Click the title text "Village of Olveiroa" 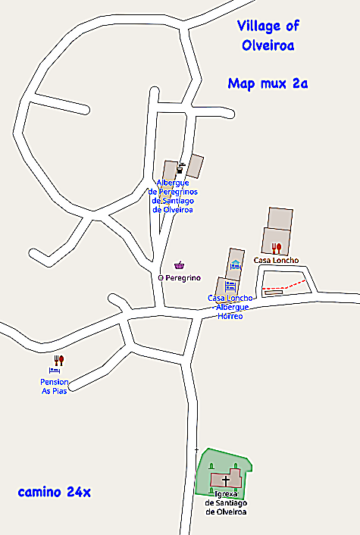[x=268, y=36]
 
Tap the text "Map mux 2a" [x=268, y=83]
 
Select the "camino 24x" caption [x=54, y=493]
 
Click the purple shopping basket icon [x=180, y=265]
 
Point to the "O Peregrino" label [x=179, y=278]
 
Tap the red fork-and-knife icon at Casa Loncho [x=277, y=247]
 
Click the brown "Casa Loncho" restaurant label [x=276, y=261]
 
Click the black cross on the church [x=225, y=480]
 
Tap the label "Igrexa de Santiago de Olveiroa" [x=226, y=502]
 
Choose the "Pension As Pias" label [x=55, y=386]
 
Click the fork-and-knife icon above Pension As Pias [x=60, y=361]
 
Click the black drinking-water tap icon [x=180, y=167]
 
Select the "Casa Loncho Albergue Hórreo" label [x=230, y=307]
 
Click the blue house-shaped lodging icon [x=236, y=264]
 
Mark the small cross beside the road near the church [x=196, y=450]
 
